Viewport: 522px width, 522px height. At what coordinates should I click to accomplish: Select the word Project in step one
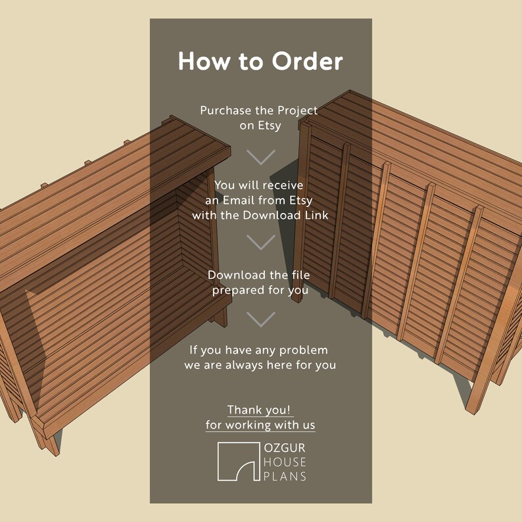(x=294, y=110)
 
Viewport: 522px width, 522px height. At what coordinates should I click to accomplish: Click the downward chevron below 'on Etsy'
(x=261, y=156)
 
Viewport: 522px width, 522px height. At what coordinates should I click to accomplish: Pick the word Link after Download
(x=316, y=215)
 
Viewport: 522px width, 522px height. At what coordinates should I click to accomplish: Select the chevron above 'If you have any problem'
(x=261, y=319)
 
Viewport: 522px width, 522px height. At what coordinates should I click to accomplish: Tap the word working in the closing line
(x=253, y=425)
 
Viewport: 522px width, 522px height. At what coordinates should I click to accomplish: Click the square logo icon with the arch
(x=238, y=462)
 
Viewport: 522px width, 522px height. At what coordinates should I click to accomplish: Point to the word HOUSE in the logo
(x=284, y=462)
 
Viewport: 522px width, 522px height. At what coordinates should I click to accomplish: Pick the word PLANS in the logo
(x=284, y=476)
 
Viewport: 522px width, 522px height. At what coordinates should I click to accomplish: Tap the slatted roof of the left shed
(x=99, y=197)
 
